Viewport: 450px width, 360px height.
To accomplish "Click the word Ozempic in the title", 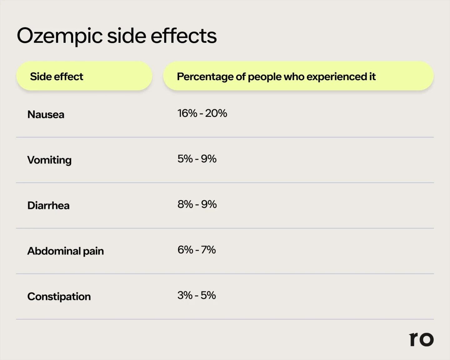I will tap(59, 36).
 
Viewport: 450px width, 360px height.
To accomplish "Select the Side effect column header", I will tap(57, 76).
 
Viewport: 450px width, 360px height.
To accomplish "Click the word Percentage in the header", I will tap(205, 76).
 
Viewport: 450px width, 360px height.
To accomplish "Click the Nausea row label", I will tap(46, 115).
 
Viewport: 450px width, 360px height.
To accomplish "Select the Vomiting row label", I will tap(49, 160).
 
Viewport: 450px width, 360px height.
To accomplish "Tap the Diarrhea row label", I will tap(48, 205).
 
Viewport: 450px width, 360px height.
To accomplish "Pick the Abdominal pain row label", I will tap(65, 251).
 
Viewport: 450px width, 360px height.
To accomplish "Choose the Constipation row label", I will tap(59, 296).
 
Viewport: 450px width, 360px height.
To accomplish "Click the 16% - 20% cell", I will tap(202, 113).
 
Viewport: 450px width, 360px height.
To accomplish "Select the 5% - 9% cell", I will tap(197, 159).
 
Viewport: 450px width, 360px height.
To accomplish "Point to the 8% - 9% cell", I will tap(197, 204).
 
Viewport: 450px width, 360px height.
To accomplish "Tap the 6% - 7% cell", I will tap(197, 250).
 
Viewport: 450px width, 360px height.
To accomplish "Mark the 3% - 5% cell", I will tap(197, 295).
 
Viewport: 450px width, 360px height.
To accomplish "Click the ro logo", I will tap(421, 339).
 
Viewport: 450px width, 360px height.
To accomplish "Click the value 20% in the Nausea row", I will tap(216, 113).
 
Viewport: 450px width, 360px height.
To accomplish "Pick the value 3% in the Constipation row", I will tap(185, 295).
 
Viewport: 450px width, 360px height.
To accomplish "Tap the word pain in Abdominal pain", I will tap(93, 251).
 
